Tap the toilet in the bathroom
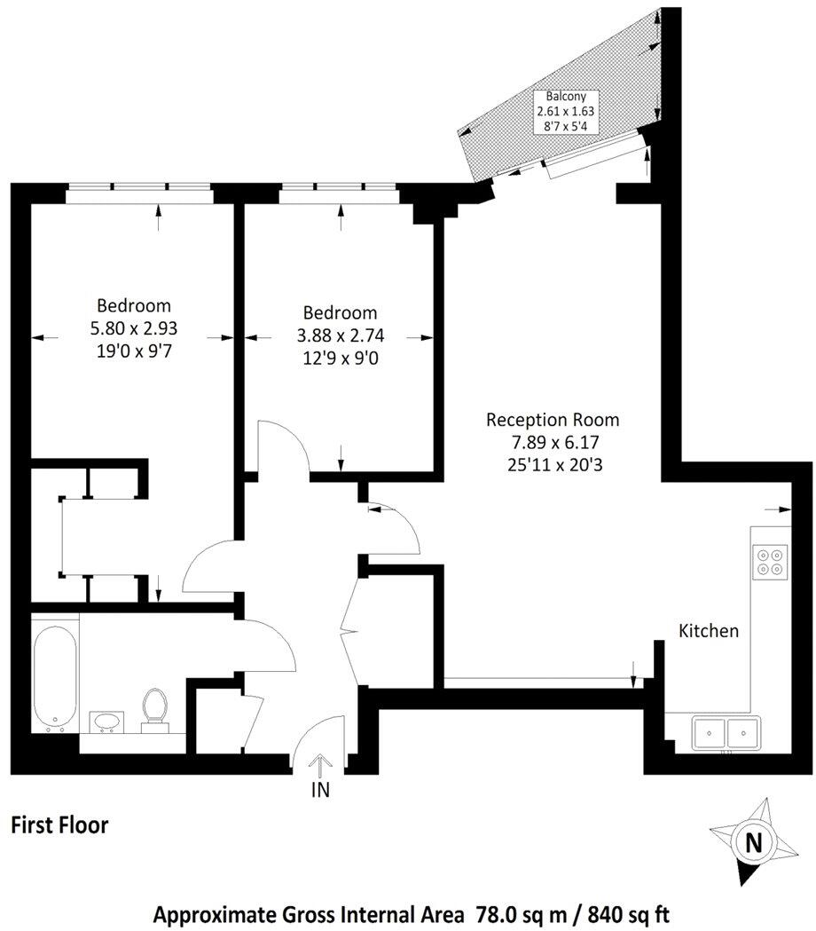155,708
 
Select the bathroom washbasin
108,721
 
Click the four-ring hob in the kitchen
769,561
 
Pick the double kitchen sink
726,732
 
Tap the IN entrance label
320,790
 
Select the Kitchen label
709,631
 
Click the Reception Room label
553,420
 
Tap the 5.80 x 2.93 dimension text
134,327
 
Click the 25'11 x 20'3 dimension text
553,462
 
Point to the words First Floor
59,825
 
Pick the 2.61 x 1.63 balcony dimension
565,112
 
